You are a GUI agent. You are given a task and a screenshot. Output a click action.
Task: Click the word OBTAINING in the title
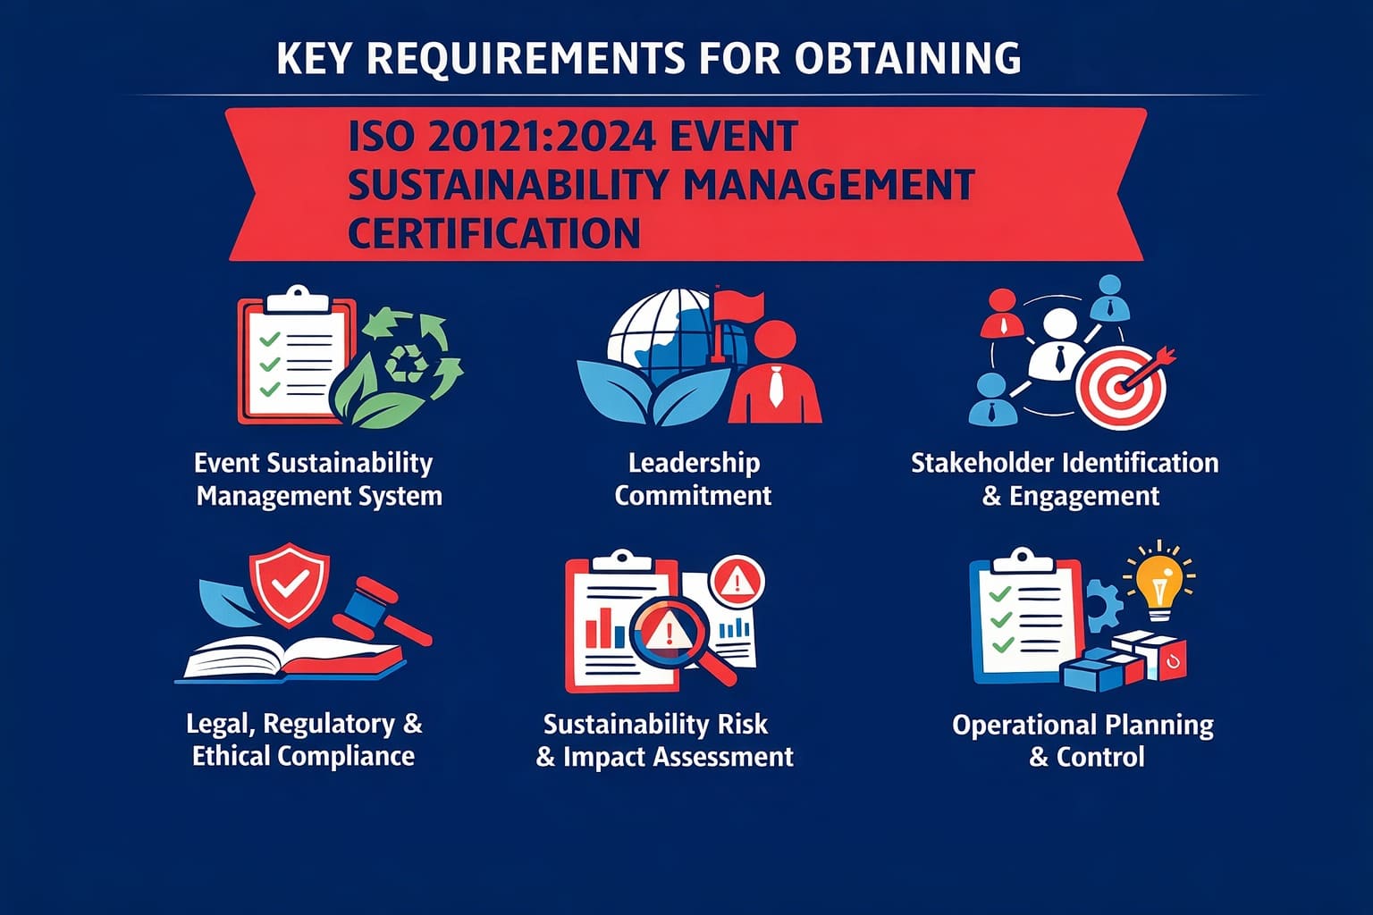(906, 59)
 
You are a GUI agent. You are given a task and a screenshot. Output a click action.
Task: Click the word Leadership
(694, 463)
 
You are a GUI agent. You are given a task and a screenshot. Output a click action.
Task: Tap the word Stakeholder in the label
(984, 463)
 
